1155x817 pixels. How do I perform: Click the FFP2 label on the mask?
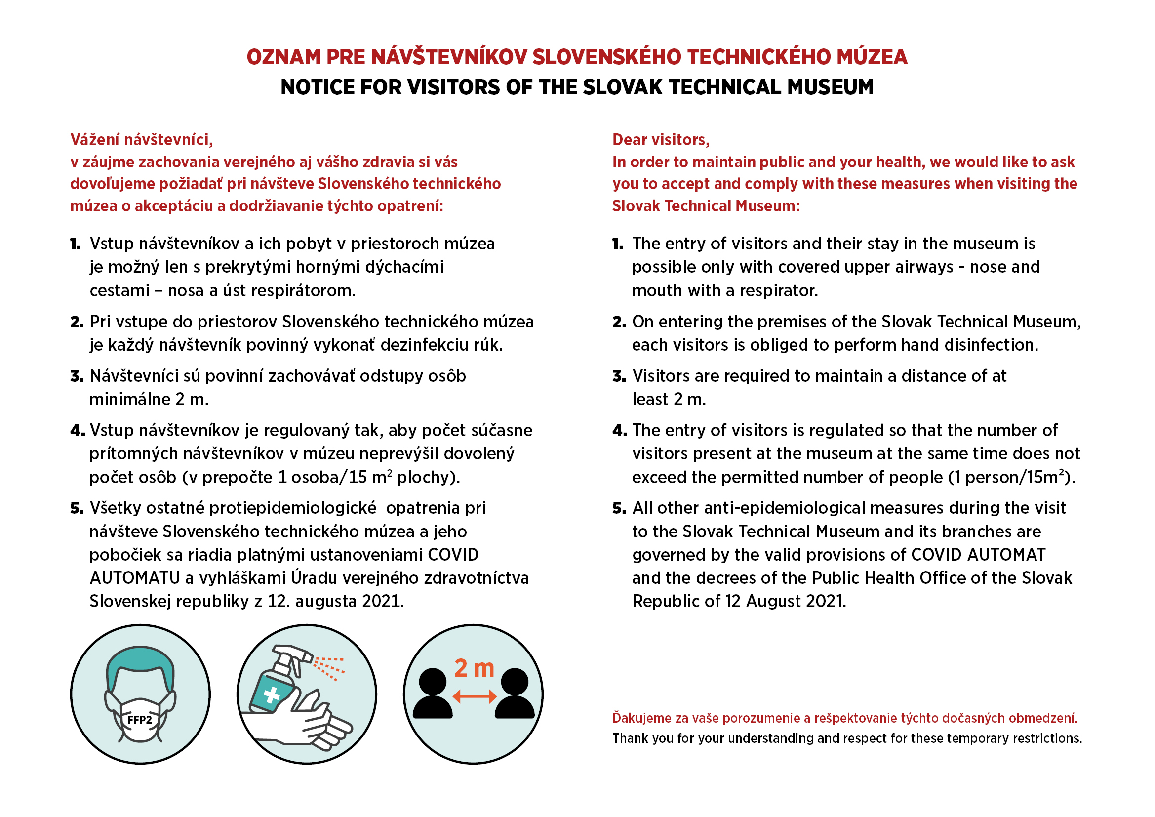click(x=139, y=720)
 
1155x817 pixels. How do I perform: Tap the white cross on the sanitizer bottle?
click(x=272, y=695)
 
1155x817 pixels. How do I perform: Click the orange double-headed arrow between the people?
click(x=475, y=696)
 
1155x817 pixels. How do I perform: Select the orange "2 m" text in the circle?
click(x=474, y=668)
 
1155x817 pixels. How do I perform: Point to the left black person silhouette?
click(x=432, y=693)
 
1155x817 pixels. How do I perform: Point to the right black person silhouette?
click(x=515, y=693)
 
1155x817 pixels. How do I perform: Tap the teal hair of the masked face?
click(x=140, y=659)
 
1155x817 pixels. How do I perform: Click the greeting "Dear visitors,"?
click(x=661, y=140)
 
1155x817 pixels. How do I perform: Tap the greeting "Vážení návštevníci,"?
click(x=141, y=140)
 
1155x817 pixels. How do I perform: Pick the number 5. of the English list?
click(x=619, y=508)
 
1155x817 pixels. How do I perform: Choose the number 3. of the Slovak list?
click(x=77, y=376)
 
